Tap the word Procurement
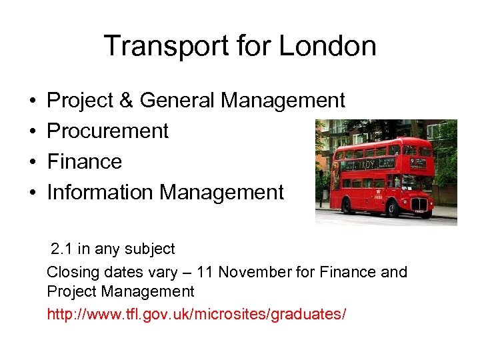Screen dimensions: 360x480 108,131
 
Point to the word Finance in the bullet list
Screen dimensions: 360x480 85,162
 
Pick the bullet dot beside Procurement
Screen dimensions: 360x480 31,132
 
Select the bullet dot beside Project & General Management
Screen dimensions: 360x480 31,101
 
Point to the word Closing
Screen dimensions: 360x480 71,272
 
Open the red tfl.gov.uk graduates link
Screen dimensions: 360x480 197,313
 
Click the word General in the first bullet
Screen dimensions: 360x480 178,101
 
